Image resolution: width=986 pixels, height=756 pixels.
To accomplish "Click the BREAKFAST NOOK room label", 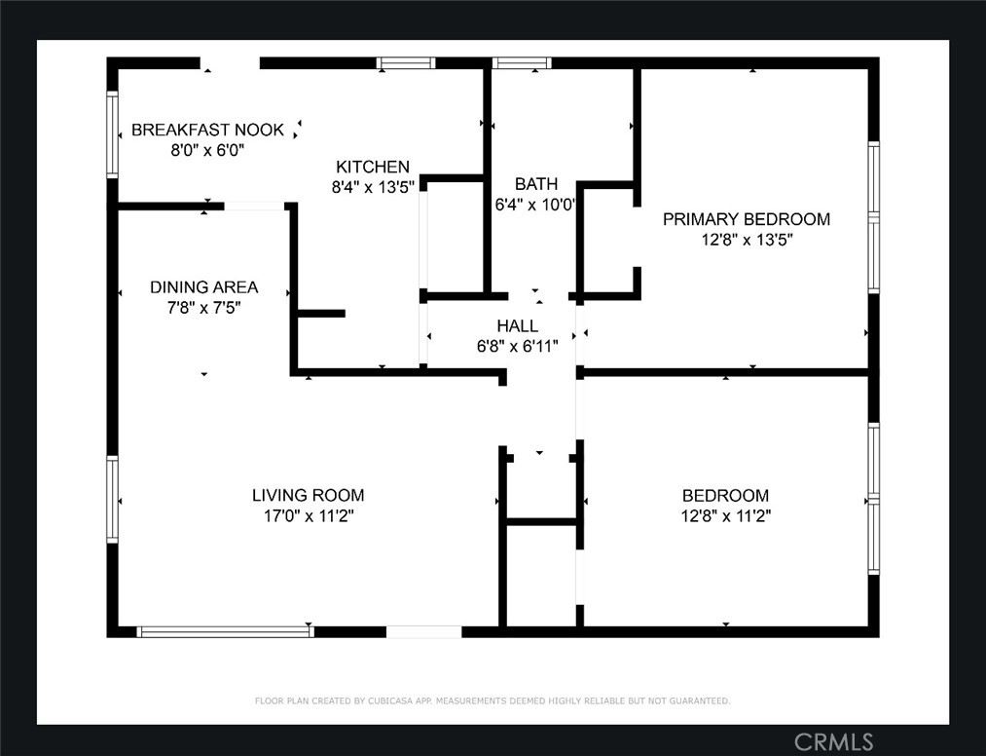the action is (207, 130).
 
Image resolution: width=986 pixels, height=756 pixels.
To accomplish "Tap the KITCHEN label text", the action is (372, 167).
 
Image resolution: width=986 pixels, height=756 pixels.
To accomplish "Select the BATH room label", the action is (535, 184).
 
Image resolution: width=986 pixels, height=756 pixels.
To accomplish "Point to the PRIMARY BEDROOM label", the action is (747, 219).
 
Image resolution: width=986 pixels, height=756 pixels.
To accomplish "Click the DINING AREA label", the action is (203, 287).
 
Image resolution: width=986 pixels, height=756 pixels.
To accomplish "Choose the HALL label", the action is (518, 325).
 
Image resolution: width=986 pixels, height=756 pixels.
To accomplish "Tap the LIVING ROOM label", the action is (309, 496).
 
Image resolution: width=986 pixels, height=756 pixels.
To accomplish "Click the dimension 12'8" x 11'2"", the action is (726, 516).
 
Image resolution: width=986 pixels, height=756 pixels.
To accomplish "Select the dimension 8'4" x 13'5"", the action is (373, 188).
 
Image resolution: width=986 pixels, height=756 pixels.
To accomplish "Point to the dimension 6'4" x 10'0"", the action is (535, 205).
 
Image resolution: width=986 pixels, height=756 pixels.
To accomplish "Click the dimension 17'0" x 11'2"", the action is (309, 516).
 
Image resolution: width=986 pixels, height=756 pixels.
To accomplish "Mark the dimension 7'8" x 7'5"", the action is (204, 308).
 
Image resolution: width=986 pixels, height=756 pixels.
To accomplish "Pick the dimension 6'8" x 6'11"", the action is (518, 346).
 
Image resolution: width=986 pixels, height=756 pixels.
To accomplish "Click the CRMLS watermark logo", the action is (834, 742).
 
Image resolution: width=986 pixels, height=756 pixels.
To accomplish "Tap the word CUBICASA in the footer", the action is (389, 700).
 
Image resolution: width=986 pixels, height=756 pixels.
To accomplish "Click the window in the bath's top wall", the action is (522, 63).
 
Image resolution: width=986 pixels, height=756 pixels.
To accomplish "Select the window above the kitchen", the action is (406, 63).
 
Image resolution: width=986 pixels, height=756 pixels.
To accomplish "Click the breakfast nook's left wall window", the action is (112, 134).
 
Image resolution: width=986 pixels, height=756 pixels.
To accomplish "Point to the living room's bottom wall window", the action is (225, 631).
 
